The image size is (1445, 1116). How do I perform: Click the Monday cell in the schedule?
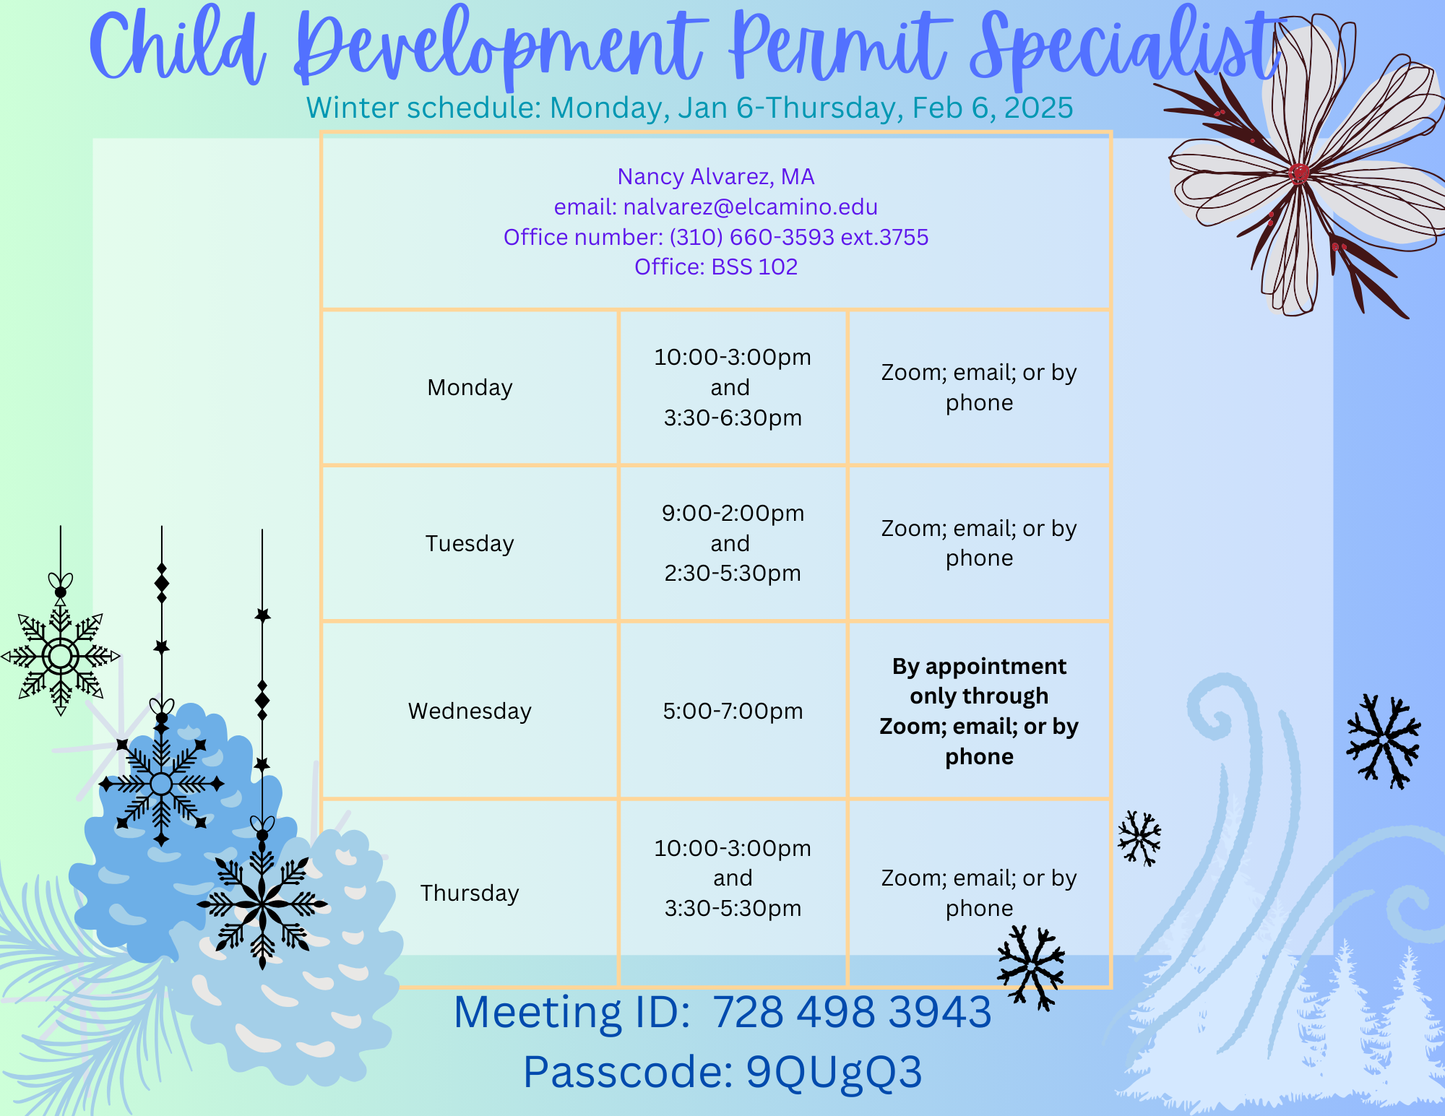coord(470,387)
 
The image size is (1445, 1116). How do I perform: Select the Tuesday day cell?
coord(470,543)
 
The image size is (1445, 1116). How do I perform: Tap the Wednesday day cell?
coord(470,711)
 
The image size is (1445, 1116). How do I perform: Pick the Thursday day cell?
coord(470,893)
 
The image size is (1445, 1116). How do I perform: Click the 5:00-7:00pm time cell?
coord(733,711)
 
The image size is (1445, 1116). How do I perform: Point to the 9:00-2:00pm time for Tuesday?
coord(733,513)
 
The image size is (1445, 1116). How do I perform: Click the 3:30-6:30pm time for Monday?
coord(733,418)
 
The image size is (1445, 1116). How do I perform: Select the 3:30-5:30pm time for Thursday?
coord(733,908)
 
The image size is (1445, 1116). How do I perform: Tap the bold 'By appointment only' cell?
coord(979,711)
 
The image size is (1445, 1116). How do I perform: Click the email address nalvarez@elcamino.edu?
coord(751,207)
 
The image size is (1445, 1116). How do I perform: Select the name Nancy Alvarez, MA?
coord(716,176)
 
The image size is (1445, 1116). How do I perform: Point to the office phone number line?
coord(716,237)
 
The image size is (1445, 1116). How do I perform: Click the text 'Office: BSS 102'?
coord(716,267)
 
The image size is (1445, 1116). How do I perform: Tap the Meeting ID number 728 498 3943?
coord(853,1012)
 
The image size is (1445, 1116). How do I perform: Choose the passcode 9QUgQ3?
coord(834,1072)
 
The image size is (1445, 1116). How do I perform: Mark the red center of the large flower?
coord(1298,173)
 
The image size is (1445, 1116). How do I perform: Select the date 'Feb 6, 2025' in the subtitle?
coord(993,108)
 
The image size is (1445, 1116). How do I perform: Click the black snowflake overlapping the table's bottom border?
coord(1031,966)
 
